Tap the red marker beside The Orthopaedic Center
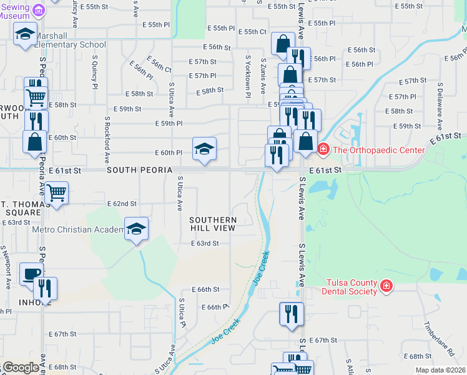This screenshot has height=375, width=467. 323,149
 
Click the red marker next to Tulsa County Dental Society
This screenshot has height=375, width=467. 386,286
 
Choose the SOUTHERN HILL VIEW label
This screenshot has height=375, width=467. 214,224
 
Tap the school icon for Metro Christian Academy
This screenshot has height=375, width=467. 135,229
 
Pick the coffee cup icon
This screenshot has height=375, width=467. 31,273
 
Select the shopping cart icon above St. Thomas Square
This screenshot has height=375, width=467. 56,192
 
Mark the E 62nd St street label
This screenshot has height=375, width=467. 122,204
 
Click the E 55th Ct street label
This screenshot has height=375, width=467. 252,31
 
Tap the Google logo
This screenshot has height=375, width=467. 21,367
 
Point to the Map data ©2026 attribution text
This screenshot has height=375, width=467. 440,370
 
